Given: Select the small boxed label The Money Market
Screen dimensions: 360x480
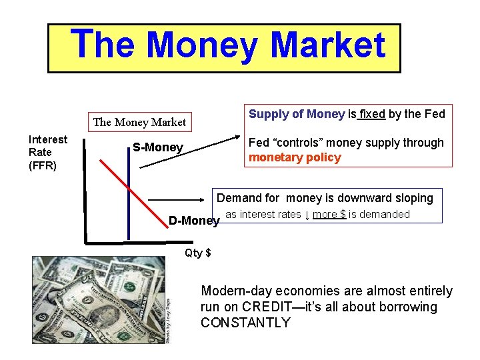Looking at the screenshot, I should (139, 122).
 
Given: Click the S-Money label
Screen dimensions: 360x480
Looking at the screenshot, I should (157, 147).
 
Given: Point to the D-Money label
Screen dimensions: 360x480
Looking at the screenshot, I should (193, 221).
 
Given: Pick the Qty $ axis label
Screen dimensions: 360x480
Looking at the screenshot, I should (198, 253).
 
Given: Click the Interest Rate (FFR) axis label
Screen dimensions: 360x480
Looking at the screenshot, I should (47, 153).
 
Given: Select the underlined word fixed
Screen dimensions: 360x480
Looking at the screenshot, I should (372, 114).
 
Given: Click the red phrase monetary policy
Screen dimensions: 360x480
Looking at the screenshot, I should (295, 158).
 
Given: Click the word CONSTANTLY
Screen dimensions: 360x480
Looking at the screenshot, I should (245, 323).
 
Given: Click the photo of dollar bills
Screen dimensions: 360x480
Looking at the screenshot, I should (100, 300).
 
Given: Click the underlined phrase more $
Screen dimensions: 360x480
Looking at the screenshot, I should (329, 214).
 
